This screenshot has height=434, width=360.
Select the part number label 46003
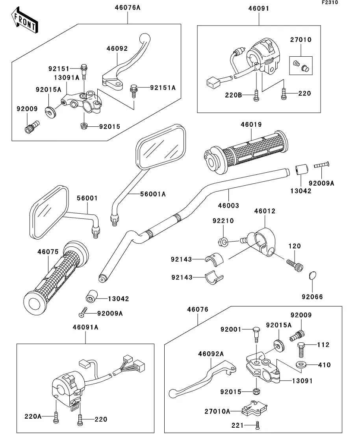coord(228,205)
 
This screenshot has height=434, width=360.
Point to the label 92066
coord(312,297)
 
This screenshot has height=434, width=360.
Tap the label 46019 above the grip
coord(251,125)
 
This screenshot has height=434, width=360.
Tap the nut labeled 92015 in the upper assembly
coord(84,126)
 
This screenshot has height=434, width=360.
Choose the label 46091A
coord(85,327)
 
